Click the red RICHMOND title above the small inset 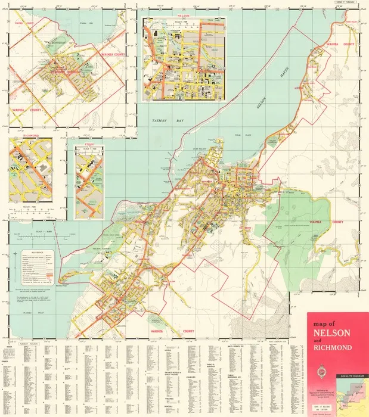30,136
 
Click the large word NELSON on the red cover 333,332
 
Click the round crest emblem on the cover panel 334,365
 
